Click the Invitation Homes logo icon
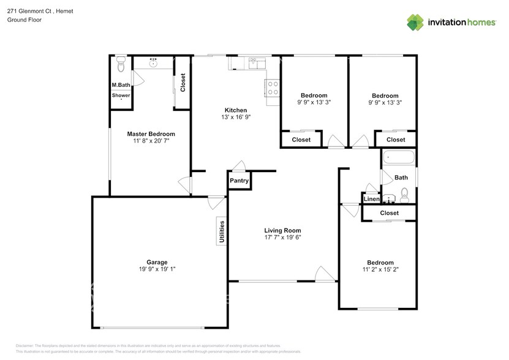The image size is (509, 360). pos(416,23)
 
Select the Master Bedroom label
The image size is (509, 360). pos(151,134)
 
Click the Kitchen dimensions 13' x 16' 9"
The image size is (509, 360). pos(235,118)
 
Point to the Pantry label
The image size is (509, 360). pos(239,181)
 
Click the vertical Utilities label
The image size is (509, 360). pos(222,232)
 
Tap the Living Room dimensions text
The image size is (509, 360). pos(282,238)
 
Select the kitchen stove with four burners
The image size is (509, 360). pos(272,88)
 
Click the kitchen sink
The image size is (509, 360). pos(254,63)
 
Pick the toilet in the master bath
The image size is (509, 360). pos(121,62)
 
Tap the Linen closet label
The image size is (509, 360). pos(371,200)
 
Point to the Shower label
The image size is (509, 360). pos(121,96)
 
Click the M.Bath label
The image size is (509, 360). pos(121,85)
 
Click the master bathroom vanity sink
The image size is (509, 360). pos(154,62)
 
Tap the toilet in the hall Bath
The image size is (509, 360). pos(404,196)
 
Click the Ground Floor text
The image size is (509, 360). pos(25,20)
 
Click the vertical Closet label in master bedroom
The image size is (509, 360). pos(183,83)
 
